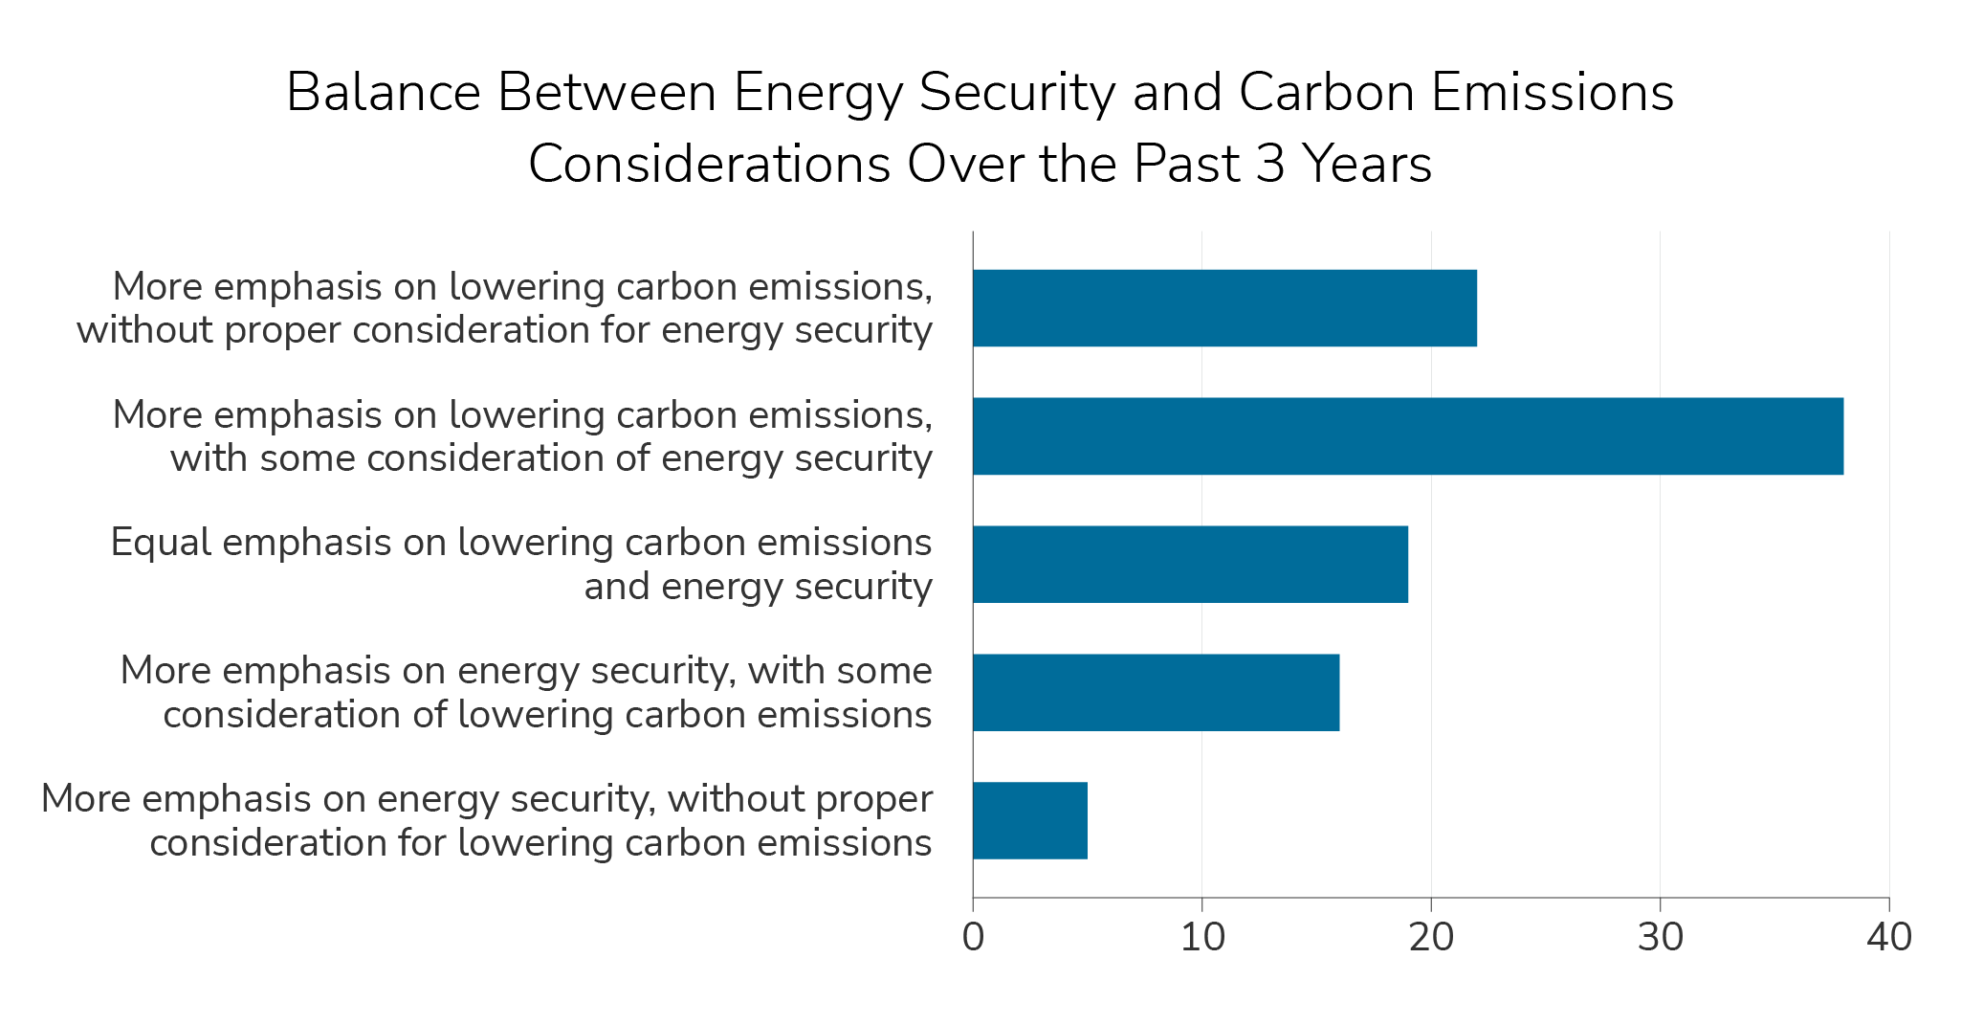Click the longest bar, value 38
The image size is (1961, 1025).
[x=1407, y=436]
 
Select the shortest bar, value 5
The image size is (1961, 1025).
[x=1029, y=821]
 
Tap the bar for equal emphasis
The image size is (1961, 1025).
[x=1190, y=565]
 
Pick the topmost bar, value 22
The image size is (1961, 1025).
[x=1224, y=308]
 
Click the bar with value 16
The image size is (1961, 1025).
[x=1156, y=693]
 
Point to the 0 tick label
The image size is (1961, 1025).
[x=973, y=938]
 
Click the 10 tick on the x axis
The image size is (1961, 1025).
[x=1202, y=938]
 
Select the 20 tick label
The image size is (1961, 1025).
[x=1431, y=938]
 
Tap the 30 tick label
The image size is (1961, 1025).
[x=1660, y=938]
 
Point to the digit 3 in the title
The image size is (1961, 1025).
[x=1269, y=165]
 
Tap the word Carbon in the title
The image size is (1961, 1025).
[x=1324, y=94]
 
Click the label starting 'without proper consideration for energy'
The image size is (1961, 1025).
[x=504, y=330]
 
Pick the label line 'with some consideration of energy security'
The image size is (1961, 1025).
[x=551, y=458]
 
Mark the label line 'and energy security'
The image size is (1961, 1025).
[x=758, y=587]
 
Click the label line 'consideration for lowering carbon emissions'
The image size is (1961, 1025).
[x=540, y=843]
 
